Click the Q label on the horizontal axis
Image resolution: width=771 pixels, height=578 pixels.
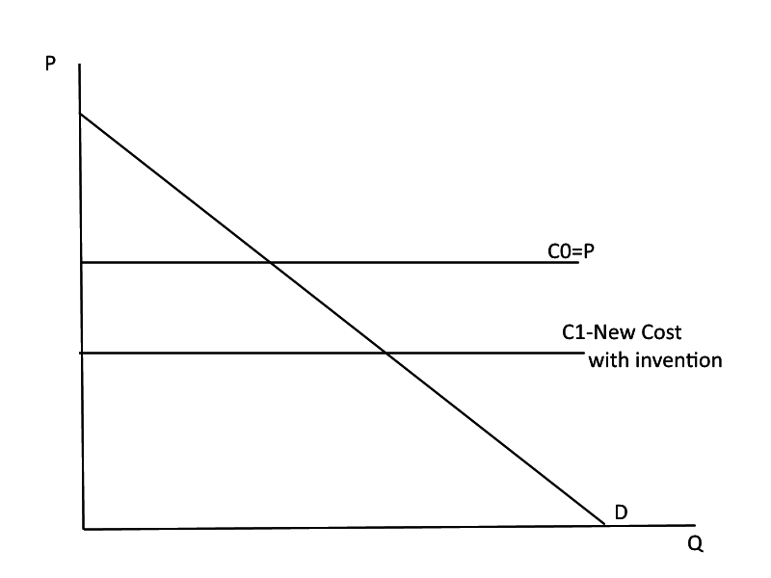pyautogui.click(x=696, y=543)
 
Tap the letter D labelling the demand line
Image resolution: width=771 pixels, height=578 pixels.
pyautogui.click(x=622, y=511)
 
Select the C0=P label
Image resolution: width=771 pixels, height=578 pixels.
pyautogui.click(x=571, y=250)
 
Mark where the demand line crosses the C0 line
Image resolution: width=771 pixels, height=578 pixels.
pyautogui.click(x=269, y=262)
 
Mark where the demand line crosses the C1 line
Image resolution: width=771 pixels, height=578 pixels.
pyautogui.click(x=385, y=354)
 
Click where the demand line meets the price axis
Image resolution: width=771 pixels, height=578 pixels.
pyautogui.click(x=81, y=115)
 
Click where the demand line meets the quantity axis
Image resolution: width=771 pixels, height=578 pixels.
pyautogui.click(x=604, y=525)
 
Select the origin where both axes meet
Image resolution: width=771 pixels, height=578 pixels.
pyautogui.click(x=84, y=528)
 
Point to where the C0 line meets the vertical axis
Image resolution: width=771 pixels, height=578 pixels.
pyautogui.click(x=82, y=262)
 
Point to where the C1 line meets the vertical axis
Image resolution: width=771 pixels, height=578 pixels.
pyautogui.click(x=82, y=354)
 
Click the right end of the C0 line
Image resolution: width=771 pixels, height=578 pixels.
pyautogui.click(x=578, y=262)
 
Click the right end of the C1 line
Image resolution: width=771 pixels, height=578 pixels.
pyautogui.click(x=583, y=354)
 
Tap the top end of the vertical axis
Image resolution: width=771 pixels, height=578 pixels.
pyautogui.click(x=79, y=64)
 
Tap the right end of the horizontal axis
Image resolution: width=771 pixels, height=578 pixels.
pyautogui.click(x=693, y=525)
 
